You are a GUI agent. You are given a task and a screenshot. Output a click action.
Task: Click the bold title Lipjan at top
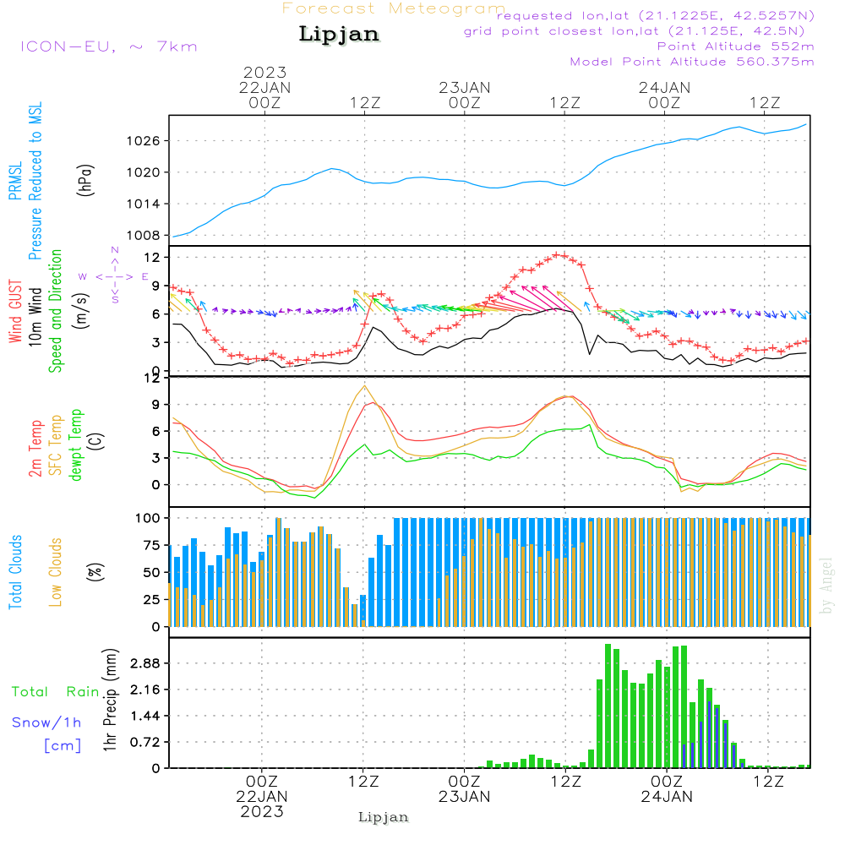coord(339,35)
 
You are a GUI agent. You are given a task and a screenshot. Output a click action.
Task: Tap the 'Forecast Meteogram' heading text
coord(394,8)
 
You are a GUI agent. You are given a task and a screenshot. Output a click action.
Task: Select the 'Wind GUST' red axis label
coord(15,313)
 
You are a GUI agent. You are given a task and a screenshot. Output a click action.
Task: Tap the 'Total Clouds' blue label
coord(15,572)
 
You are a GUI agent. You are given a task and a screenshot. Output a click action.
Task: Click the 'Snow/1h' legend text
coord(46,722)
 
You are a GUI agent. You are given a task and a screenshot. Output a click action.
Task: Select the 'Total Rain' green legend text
coord(56,691)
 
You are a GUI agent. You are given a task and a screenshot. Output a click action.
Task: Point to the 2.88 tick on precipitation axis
coord(144,664)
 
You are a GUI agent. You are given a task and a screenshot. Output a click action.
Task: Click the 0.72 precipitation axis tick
coord(144,742)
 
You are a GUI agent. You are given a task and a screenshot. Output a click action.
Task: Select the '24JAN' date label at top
coord(664,87)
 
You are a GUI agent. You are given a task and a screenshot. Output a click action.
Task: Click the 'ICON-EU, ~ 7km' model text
coord(107,46)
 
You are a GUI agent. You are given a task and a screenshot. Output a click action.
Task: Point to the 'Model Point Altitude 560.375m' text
coord(692,62)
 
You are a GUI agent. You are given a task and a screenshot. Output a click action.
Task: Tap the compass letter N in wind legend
coord(115,250)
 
